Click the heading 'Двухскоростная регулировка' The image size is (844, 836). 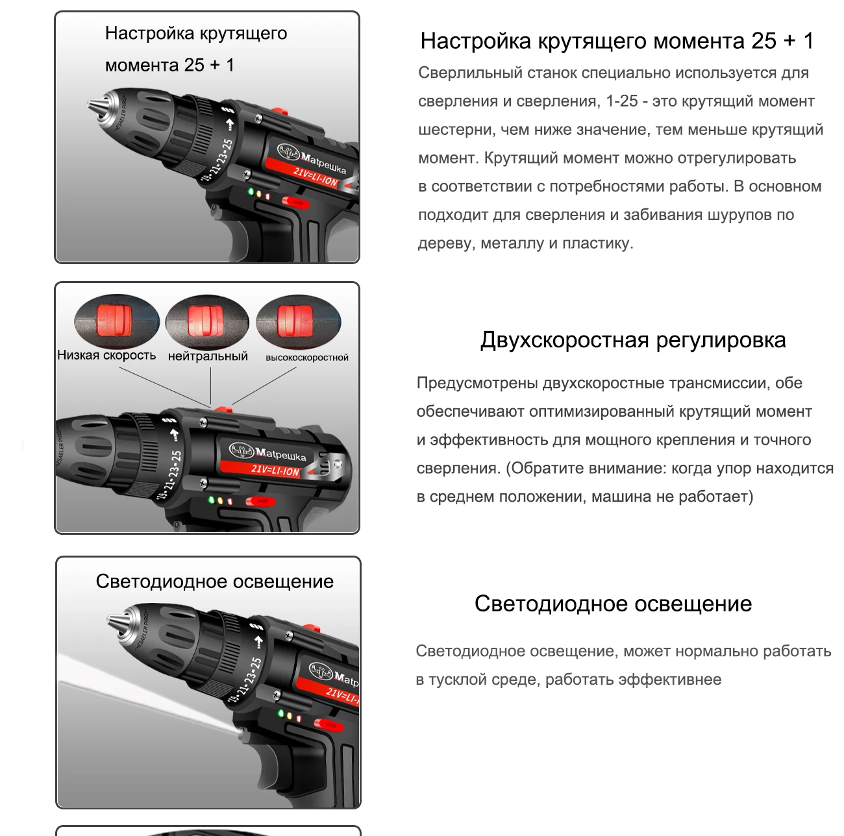coord(633,340)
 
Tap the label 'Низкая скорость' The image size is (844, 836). coord(106,355)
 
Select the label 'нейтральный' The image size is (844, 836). coord(208,356)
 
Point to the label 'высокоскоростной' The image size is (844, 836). coord(307,358)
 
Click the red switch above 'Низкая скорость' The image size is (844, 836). coord(114,321)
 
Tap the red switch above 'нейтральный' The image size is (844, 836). coord(205,321)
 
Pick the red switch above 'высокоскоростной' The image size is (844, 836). coord(295,321)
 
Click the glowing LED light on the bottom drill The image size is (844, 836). coord(240,730)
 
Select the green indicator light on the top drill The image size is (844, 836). coord(251,191)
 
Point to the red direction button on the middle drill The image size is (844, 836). coord(260,502)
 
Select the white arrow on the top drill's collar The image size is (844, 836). coord(229,125)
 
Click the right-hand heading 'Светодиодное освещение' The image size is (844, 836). coord(613,604)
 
